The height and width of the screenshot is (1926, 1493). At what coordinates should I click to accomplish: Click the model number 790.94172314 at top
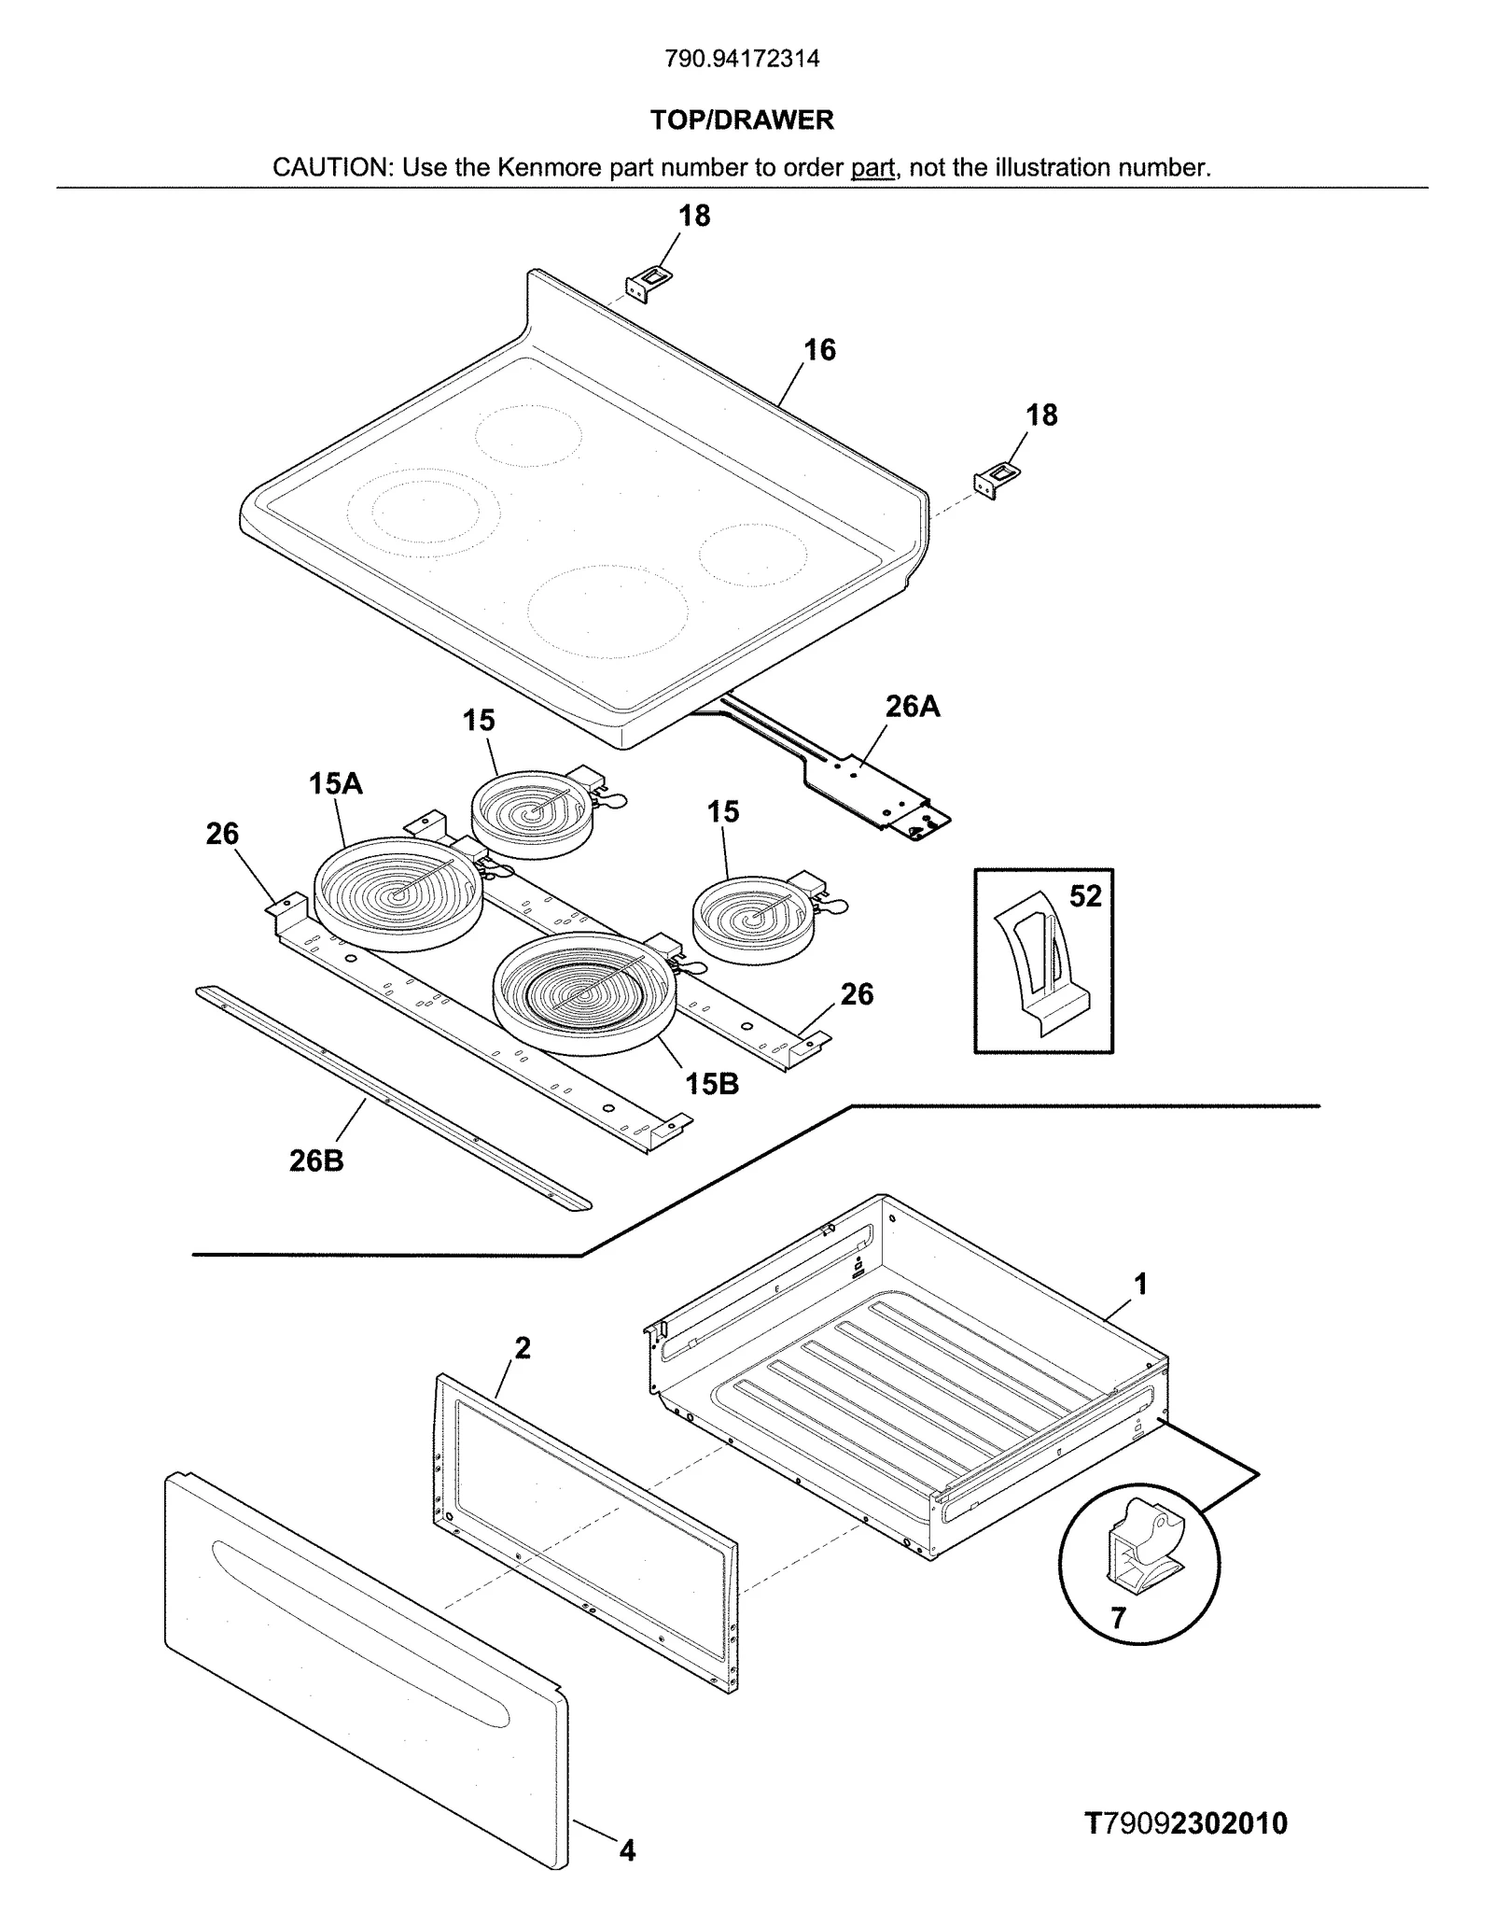742,59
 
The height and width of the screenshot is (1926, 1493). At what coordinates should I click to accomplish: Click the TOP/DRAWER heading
742,119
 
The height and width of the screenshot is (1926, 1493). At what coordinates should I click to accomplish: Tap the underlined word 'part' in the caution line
872,168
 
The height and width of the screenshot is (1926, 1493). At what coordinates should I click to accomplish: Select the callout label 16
819,350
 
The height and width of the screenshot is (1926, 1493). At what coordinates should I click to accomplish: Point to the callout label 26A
912,707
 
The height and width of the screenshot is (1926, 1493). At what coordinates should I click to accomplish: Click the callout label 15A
335,783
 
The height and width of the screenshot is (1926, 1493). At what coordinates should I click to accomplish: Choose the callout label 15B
712,1084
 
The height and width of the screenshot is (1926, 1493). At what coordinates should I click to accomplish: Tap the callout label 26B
316,1160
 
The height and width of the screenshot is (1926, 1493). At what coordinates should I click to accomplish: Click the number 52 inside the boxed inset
1085,896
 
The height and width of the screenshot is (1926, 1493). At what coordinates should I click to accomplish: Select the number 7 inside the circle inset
1119,1618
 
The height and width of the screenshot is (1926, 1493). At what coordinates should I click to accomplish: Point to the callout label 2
523,1348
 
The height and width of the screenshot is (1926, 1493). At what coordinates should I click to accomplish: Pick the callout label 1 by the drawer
1140,1286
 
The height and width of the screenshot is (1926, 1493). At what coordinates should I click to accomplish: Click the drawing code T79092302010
1185,1823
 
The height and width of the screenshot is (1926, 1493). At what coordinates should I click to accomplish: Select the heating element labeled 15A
398,894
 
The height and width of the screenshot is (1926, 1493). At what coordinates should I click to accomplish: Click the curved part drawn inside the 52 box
1039,971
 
